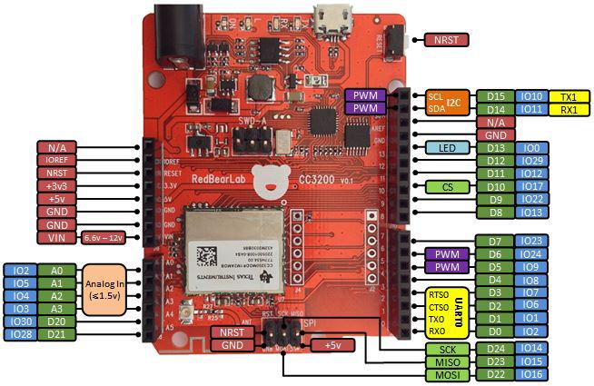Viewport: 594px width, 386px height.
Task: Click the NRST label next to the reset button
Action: pyautogui.click(x=447, y=39)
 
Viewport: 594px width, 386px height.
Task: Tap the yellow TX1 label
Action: pyautogui.click(x=569, y=96)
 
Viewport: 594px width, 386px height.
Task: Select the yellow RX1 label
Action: pyautogui.click(x=569, y=109)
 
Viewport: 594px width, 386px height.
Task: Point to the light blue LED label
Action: pyautogui.click(x=447, y=148)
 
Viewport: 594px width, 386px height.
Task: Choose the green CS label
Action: pyautogui.click(x=447, y=186)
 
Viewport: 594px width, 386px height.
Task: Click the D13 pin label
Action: pyautogui.click(x=495, y=148)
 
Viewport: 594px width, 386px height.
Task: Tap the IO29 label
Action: pyautogui.click(x=531, y=161)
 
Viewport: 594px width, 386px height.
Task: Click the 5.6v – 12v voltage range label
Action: pyautogui.click(x=104, y=237)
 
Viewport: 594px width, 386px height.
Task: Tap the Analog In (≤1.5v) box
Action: pyautogui.click(x=107, y=289)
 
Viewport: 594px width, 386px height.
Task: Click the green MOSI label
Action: pyautogui.click(x=447, y=374)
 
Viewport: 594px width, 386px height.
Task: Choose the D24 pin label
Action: pyautogui.click(x=495, y=348)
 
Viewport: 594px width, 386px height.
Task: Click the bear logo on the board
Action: pyautogui.click(x=268, y=182)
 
